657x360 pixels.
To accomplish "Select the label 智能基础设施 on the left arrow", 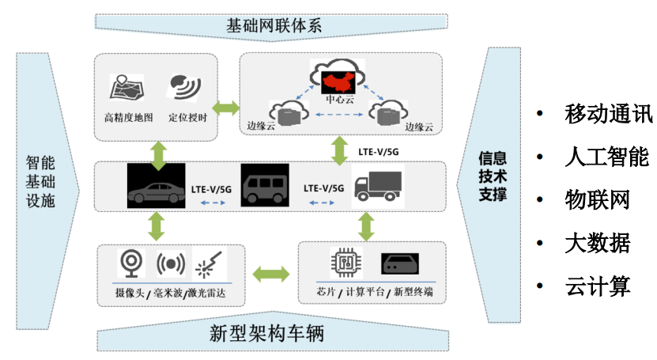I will coord(40,182).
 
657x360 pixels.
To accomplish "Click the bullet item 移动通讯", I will coord(608,114).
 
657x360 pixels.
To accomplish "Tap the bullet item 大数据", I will coord(597,242).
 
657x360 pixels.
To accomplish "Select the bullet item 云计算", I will coord(597,286).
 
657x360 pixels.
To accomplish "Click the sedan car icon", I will coord(155,187).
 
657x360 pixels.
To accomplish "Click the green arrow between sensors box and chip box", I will coord(270,275).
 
